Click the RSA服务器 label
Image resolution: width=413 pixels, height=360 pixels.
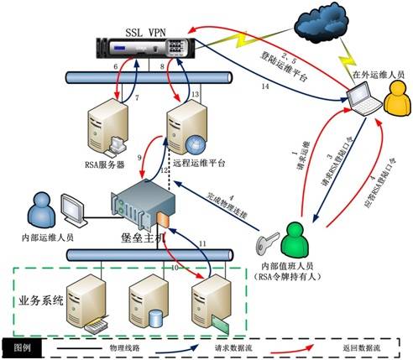107,165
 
